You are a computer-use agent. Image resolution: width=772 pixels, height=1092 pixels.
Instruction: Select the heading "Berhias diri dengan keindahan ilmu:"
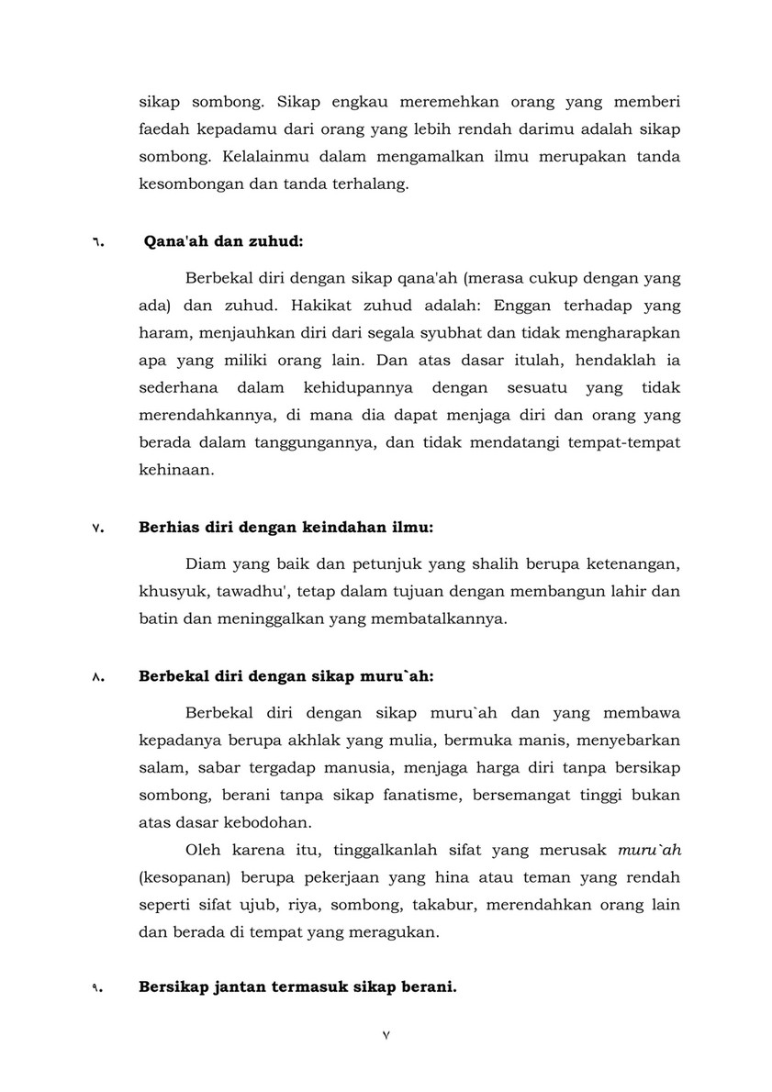285,528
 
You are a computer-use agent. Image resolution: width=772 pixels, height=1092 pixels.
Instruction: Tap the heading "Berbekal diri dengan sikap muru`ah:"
285,677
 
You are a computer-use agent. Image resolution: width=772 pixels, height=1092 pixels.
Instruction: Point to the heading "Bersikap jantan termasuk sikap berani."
297,987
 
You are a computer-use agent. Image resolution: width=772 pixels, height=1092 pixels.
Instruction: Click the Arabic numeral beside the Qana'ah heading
96,244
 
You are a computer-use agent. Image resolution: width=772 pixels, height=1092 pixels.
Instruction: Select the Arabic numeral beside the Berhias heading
96,529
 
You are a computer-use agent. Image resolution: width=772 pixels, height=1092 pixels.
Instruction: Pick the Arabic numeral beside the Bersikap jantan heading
96,988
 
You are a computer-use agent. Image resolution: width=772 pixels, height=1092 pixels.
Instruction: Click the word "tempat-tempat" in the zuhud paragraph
630,441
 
